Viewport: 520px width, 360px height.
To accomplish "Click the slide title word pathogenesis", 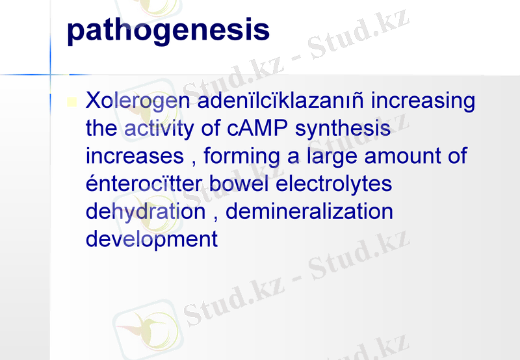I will coord(168,31).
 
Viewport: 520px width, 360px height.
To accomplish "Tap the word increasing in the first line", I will coord(422,102).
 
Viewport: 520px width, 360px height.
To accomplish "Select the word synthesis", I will coord(343,129).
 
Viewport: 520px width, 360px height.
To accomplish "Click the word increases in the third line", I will coord(135,157).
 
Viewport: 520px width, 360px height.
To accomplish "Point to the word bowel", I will coord(242,184).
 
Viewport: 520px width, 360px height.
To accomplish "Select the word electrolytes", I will coord(334,185).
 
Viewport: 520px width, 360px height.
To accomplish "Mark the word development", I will coord(151,240).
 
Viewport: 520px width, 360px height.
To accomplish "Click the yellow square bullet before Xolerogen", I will coord(72,102).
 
